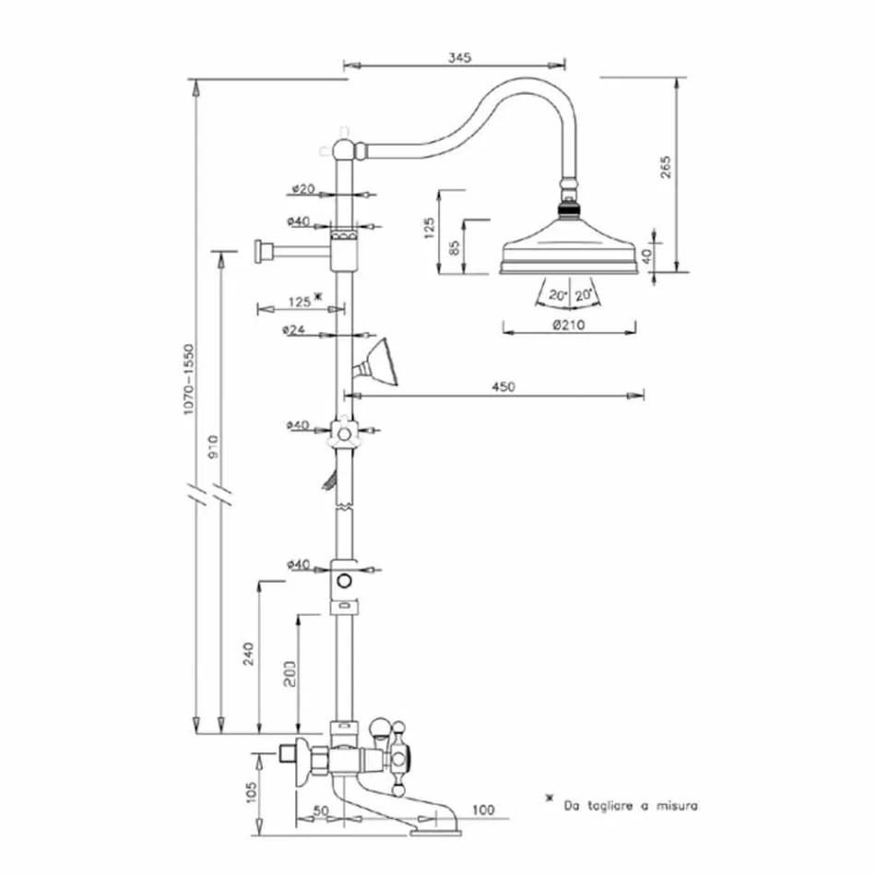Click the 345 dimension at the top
460,57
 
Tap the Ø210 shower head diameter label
569,326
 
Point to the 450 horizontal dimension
503,386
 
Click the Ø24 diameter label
296,329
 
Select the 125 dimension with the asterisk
302,298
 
